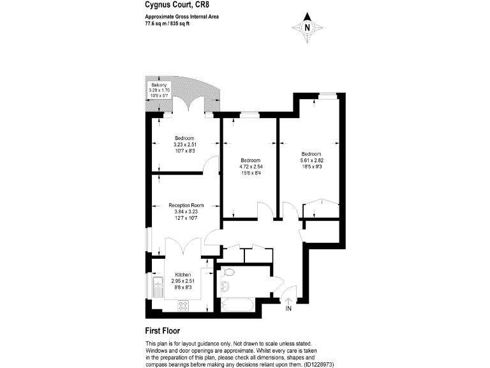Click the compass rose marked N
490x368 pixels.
click(307, 27)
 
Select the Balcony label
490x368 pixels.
click(158, 84)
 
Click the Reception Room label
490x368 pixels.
click(186, 204)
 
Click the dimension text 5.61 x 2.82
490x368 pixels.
click(311, 161)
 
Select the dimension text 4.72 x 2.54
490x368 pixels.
click(250, 167)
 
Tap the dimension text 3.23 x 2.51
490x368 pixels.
click(185, 144)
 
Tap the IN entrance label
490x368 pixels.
click(288, 309)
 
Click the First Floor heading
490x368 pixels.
click(163, 331)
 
